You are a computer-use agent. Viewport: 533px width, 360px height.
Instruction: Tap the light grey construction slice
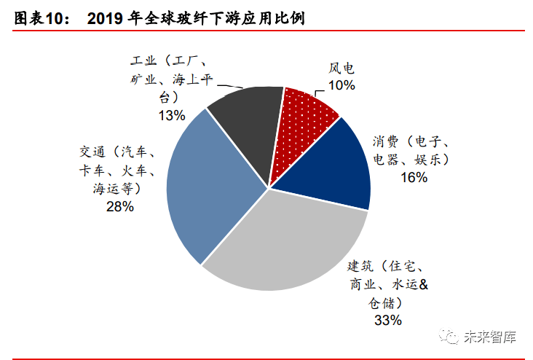(x=284, y=240)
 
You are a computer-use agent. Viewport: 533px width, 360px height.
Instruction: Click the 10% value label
(x=341, y=85)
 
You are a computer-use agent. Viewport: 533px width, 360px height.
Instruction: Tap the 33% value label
(x=387, y=319)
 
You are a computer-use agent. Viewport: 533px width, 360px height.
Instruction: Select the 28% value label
(x=120, y=207)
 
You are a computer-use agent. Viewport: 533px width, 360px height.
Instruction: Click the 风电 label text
(x=341, y=69)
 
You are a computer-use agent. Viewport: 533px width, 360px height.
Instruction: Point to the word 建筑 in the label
(x=360, y=266)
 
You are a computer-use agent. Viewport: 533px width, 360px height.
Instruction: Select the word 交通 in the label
(x=93, y=152)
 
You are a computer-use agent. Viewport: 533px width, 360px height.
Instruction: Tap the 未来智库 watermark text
(x=491, y=337)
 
